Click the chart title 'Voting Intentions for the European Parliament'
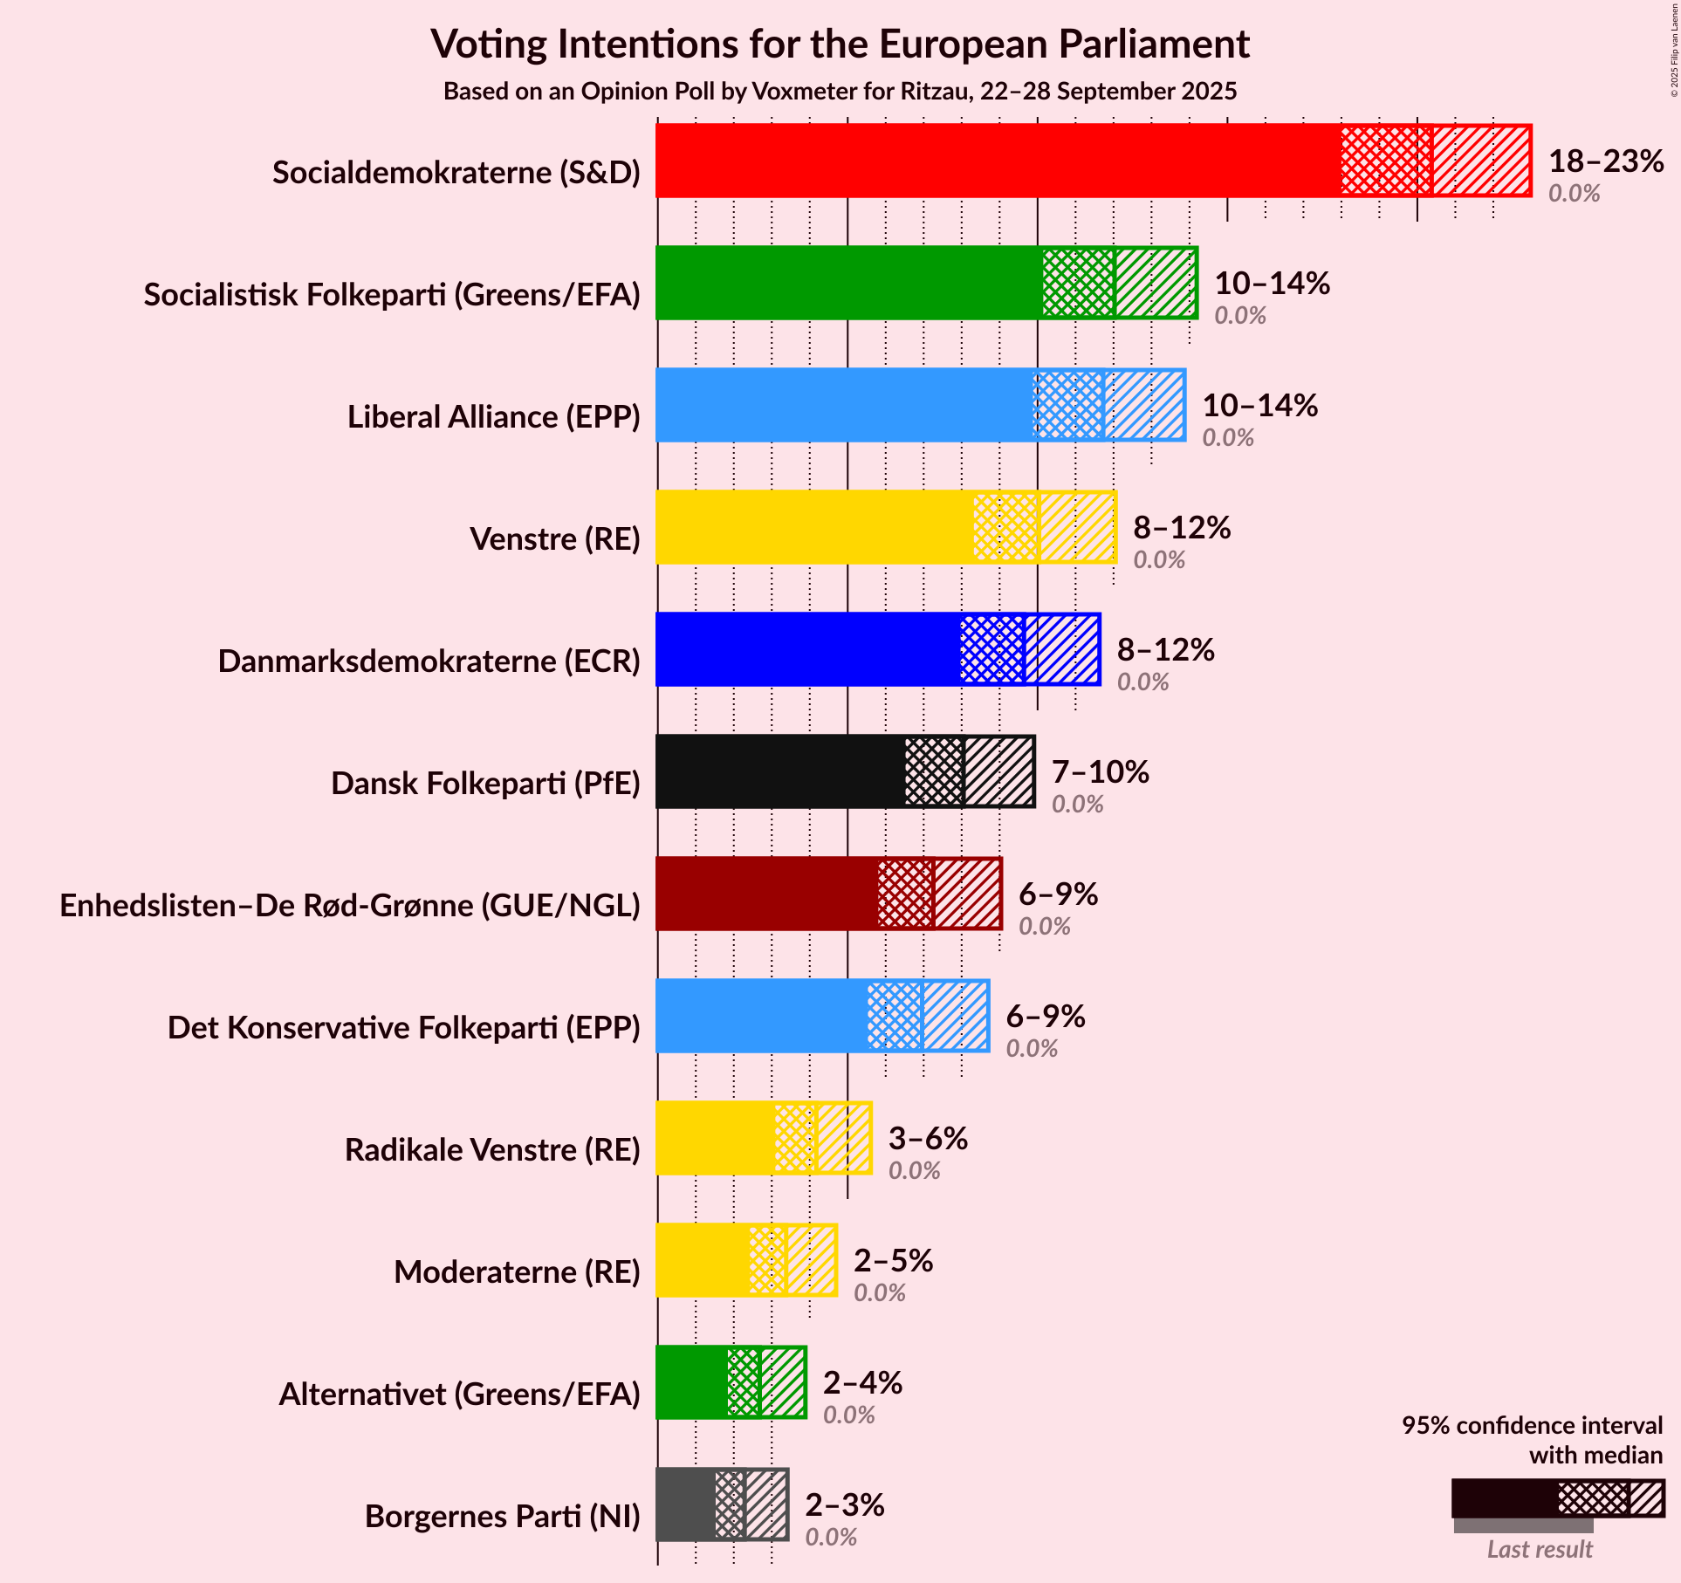[840, 44]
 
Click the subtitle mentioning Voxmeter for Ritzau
[840, 92]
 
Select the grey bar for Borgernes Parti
[686, 1504]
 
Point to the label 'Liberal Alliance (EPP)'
[494, 417]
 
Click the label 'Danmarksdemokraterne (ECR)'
[429, 661]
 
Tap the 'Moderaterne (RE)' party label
[517, 1272]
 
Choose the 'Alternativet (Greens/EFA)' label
[459, 1395]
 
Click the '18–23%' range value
[1606, 161]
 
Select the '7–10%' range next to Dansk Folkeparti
[1100, 772]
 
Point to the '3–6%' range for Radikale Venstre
[928, 1139]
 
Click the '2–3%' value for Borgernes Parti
[844, 1505]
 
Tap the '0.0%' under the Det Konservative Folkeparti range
[1032, 1049]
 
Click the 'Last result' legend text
[1540, 1549]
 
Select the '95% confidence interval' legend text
[1532, 1425]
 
